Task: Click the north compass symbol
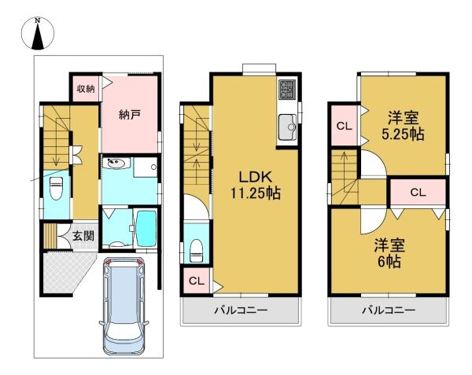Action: pyautogui.click(x=38, y=34)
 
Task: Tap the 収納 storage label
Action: pyautogui.click(x=86, y=89)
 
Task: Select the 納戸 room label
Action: pyautogui.click(x=130, y=115)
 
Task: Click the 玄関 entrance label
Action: pyautogui.click(x=83, y=237)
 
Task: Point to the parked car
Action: pyautogui.click(x=124, y=306)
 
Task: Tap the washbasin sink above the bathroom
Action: pyautogui.click(x=116, y=163)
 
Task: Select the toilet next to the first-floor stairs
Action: pyautogui.click(x=56, y=188)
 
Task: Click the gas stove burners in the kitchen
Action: pyautogui.click(x=286, y=90)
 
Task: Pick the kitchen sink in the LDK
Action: pyautogui.click(x=287, y=127)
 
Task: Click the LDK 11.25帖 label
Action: pyautogui.click(x=256, y=185)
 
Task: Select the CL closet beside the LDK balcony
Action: pyautogui.click(x=197, y=281)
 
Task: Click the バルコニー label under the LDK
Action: pyautogui.click(x=241, y=310)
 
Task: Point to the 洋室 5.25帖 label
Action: pyautogui.click(x=403, y=126)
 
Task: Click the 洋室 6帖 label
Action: pyautogui.click(x=389, y=253)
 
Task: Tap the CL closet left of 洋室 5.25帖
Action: pyautogui.click(x=344, y=126)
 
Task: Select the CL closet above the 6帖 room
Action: pyautogui.click(x=419, y=192)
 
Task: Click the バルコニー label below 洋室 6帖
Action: pyautogui.click(x=389, y=310)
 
